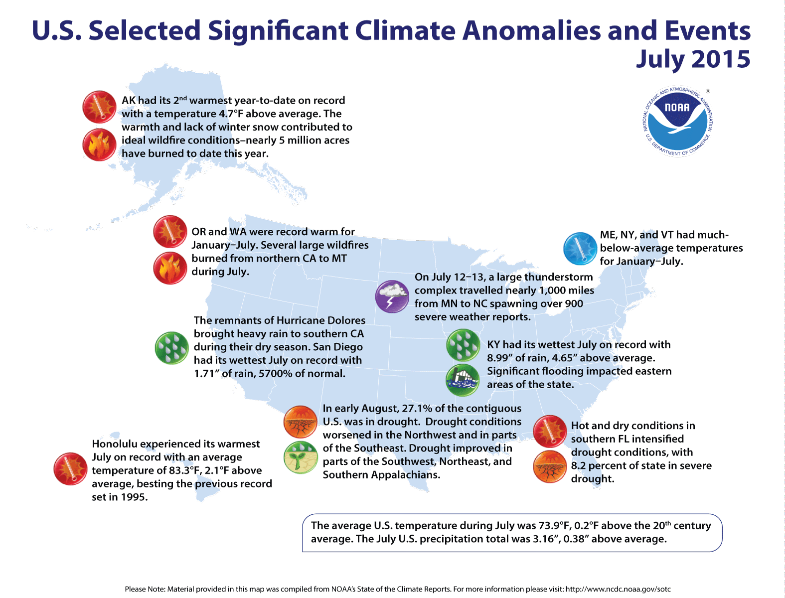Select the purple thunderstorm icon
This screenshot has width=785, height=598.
click(x=392, y=297)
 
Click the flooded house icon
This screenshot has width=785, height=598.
click(x=463, y=380)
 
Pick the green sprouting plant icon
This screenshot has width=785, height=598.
click(x=301, y=457)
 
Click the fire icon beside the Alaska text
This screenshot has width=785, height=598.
click(x=100, y=145)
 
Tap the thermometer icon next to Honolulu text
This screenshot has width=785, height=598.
click(x=71, y=468)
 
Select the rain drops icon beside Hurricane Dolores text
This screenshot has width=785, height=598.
click(x=172, y=347)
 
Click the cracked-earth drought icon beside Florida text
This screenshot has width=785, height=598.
click(x=550, y=466)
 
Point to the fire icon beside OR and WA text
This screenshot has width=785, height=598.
click(x=170, y=268)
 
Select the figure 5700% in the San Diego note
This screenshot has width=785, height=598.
click(x=278, y=373)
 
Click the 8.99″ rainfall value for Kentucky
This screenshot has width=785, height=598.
click(x=500, y=358)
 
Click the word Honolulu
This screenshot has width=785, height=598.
click(x=117, y=444)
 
